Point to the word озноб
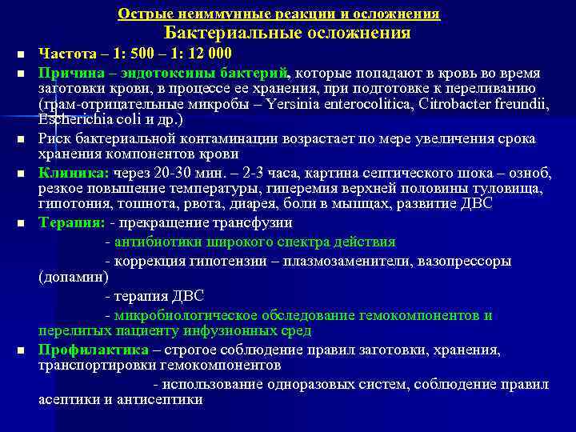(532, 173)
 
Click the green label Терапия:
(71, 222)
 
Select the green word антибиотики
(155, 242)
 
